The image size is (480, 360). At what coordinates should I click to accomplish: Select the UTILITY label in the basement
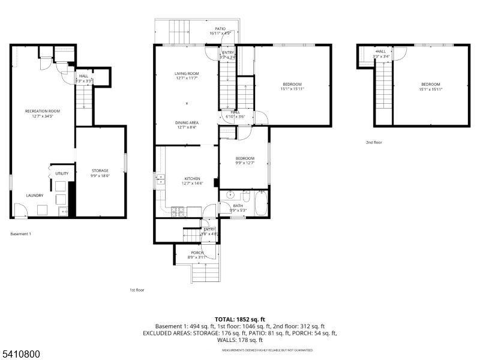coord(62,173)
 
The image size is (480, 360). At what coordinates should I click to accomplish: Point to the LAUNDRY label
coord(34,196)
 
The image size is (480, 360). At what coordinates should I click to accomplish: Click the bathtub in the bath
coord(262,202)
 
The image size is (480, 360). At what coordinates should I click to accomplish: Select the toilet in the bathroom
coord(245,196)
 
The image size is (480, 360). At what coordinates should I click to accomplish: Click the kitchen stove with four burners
coord(178,211)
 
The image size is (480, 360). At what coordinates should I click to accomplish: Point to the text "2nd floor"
coord(374,142)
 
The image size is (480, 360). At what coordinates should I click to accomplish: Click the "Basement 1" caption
coord(20,233)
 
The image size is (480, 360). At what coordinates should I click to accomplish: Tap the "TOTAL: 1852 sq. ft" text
coord(240,319)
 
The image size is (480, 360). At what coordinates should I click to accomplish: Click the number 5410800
coord(20,355)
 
